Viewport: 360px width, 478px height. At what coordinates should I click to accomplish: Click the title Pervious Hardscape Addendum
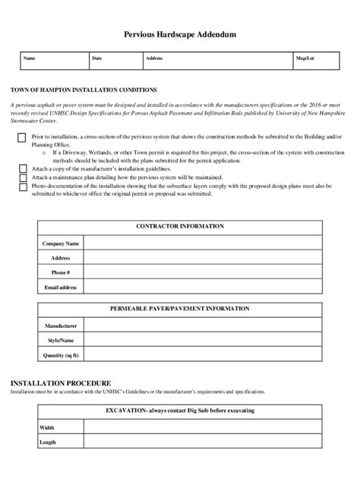point(179,35)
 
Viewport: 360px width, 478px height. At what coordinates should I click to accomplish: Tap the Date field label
point(97,58)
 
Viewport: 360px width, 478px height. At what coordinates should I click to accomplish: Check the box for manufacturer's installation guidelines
point(22,167)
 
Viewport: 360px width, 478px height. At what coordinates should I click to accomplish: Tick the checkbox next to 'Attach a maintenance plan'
point(22,176)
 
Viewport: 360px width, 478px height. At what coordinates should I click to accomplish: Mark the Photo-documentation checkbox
point(22,185)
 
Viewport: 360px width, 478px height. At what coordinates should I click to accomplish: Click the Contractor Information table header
point(179,226)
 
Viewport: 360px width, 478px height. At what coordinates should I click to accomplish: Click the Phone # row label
point(61,272)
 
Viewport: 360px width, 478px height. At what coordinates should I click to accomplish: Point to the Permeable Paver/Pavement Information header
point(179,309)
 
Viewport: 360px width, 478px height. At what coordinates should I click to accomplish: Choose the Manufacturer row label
point(61,326)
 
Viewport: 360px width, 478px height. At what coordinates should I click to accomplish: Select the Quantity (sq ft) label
point(61,355)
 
